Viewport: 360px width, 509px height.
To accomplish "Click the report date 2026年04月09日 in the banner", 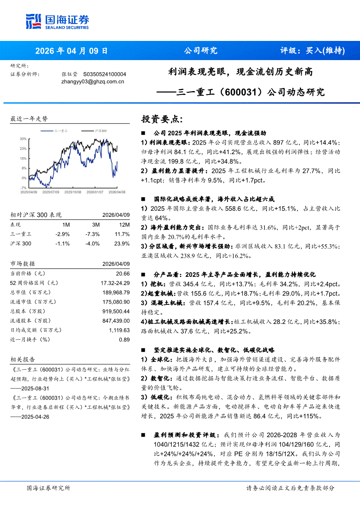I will coord(71,51).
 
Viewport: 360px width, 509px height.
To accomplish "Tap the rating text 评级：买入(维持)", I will coord(312,51).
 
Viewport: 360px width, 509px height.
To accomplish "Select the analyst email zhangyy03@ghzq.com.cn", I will coord(93,81).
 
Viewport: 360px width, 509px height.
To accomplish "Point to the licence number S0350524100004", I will coord(105,74).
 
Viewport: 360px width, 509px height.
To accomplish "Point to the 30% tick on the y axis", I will coord(23,139).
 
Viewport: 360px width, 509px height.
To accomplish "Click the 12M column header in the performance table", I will coord(124,225).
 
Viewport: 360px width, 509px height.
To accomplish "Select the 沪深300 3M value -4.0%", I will coord(93,243).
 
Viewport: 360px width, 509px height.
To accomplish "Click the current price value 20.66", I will coord(123,273).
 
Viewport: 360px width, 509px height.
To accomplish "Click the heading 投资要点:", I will coord(162,119).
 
